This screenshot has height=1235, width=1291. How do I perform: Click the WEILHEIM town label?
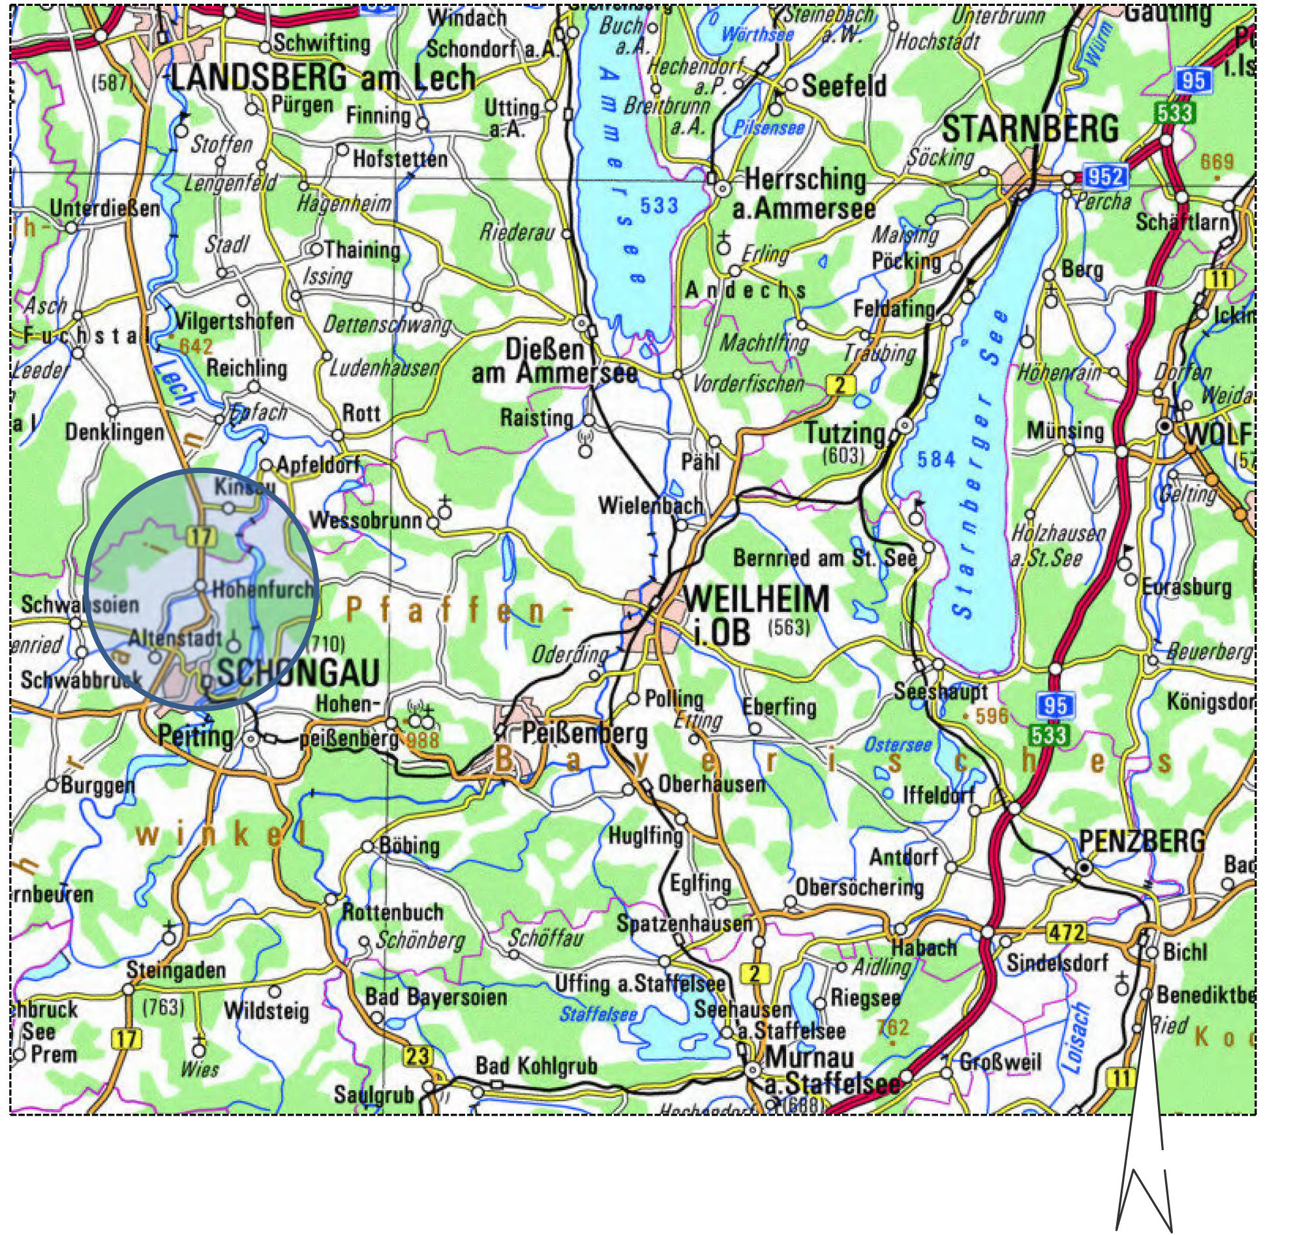pos(757,600)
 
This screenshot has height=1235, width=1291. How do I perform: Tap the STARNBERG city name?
pos(1030,129)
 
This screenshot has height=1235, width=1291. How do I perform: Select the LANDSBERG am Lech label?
pos(322,79)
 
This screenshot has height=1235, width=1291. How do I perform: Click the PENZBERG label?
pos(1142,841)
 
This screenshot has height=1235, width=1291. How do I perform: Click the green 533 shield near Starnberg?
pos(1174,114)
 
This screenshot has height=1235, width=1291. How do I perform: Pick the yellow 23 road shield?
pos(416,1057)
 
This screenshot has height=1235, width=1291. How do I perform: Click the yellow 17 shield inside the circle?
pos(200,536)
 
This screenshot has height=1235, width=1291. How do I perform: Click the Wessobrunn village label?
pos(365,520)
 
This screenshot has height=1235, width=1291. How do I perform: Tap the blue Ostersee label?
pos(898,744)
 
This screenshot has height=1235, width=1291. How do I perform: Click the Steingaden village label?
pos(175,969)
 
